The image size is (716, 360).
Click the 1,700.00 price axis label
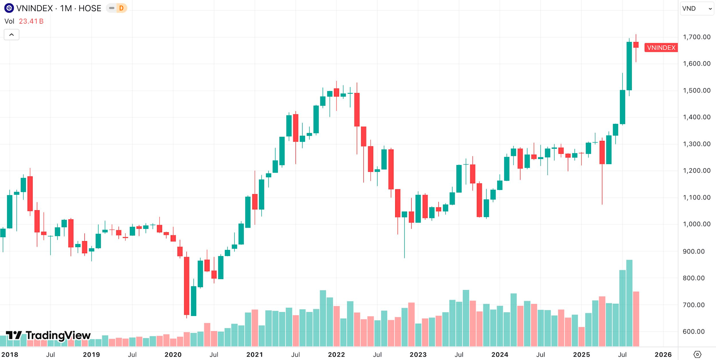pyautogui.click(x=696, y=37)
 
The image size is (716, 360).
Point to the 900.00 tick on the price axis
pyautogui.click(x=693, y=251)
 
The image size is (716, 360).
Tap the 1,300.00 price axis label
pyautogui.click(x=696, y=144)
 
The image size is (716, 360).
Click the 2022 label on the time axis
pyautogui.click(x=336, y=355)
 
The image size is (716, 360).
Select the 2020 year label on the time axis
pyautogui.click(x=173, y=355)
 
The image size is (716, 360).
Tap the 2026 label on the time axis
pyautogui.click(x=663, y=355)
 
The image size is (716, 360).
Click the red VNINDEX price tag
pyautogui.click(x=661, y=48)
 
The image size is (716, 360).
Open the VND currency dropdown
pyautogui.click(x=697, y=8)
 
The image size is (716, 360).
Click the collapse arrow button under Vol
pyautogui.click(x=12, y=35)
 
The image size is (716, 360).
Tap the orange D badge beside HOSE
pyautogui.click(x=121, y=8)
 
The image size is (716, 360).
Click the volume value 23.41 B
pyautogui.click(x=31, y=21)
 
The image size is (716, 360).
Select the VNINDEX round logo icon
pyautogui.click(x=9, y=8)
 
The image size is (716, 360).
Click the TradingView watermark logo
pyautogui.click(x=48, y=335)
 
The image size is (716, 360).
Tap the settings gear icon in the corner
pyautogui.click(x=697, y=354)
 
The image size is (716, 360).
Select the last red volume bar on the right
pyautogui.click(x=636, y=319)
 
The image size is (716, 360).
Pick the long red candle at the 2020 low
pyautogui.click(x=187, y=286)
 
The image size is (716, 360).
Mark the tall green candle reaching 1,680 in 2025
pyautogui.click(x=629, y=66)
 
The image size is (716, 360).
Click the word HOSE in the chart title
pyautogui.click(x=90, y=8)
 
